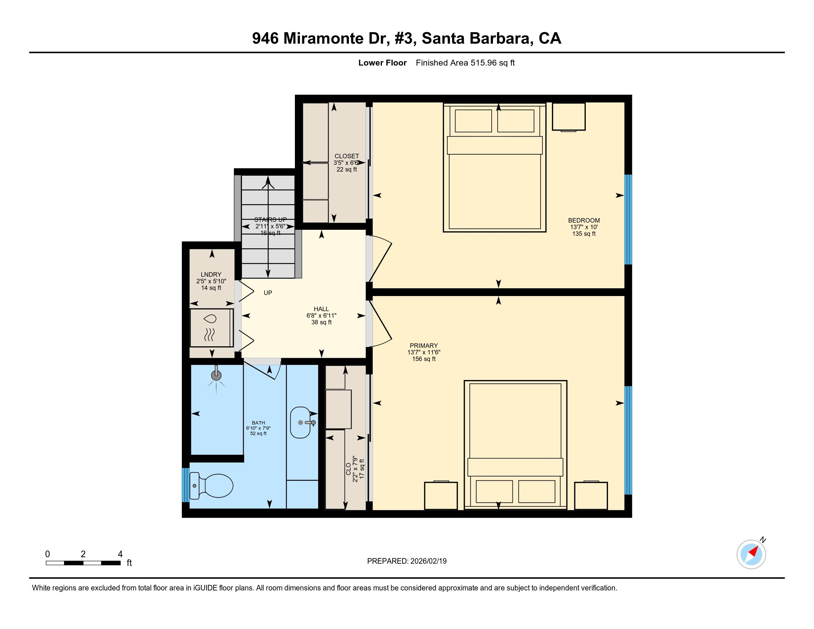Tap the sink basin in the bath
point(300,422)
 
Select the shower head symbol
point(216,376)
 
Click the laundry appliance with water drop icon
point(211,327)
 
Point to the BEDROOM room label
point(583,220)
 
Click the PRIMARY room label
point(424,346)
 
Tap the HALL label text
point(321,309)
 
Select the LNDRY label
point(211,274)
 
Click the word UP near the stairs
point(268,293)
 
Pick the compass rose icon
point(751,554)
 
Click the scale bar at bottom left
point(83,563)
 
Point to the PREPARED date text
point(407,561)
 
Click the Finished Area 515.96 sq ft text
point(465,63)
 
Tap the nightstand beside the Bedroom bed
point(568,117)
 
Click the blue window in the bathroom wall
point(185,485)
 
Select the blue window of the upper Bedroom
point(628,219)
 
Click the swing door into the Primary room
point(380,324)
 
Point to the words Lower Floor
point(383,63)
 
